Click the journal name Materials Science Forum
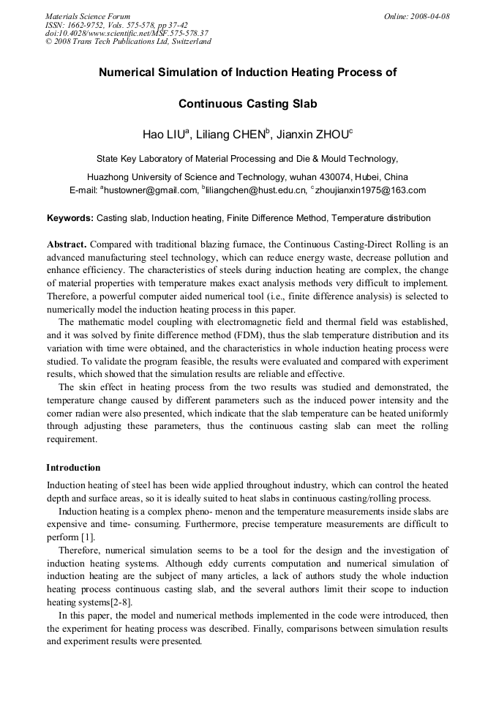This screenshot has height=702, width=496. coord(88,16)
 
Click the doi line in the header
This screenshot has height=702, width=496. coord(127,33)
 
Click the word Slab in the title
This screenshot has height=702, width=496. coord(303,104)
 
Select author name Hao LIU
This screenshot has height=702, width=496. coord(164,135)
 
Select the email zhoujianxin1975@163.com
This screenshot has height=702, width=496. coord(370,190)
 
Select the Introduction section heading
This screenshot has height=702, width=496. coord(73,468)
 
